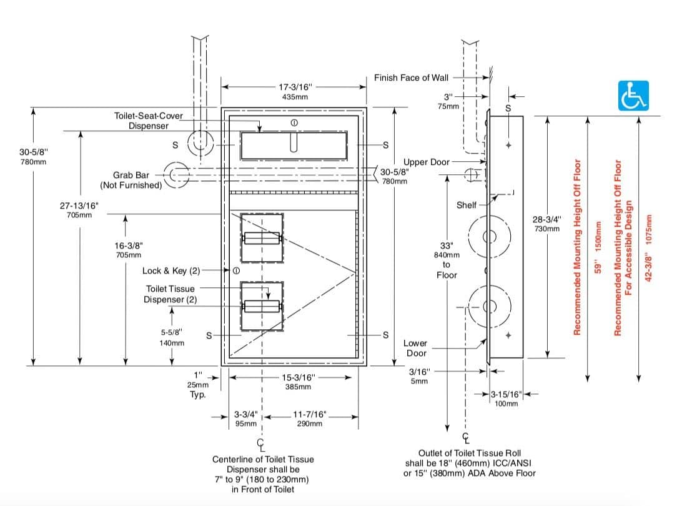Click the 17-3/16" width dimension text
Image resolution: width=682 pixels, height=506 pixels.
[294, 92]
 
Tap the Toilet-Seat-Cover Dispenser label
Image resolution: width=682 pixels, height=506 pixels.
[149, 121]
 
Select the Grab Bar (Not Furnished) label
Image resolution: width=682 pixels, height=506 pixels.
[131, 180]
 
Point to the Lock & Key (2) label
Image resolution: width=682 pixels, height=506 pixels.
[171, 270]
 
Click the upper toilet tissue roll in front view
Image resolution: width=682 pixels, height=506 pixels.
[262, 238]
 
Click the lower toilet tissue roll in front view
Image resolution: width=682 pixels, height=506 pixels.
[262, 305]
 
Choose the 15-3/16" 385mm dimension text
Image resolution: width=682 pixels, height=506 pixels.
[298, 382]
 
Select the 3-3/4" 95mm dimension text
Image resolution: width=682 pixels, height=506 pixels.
[245, 419]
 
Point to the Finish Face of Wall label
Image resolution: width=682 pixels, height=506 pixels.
[411, 77]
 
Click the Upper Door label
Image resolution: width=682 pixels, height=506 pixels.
[426, 162]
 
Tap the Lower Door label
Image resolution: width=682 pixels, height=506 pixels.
[415, 348]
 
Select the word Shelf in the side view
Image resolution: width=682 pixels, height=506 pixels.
[467, 204]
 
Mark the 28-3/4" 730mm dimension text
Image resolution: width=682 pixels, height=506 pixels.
[546, 224]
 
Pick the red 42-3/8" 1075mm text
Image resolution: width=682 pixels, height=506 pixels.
[649, 250]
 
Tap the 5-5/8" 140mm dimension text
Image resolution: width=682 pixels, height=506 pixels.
[172, 337]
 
